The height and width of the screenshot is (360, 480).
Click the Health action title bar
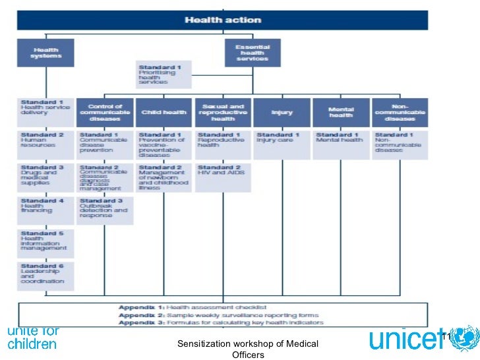pos(223,20)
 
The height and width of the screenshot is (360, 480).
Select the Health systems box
pos(45,53)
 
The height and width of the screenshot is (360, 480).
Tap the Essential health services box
pos(253,53)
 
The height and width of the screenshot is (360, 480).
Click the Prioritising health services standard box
pos(164,76)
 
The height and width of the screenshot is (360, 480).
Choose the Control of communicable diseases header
pos(104,112)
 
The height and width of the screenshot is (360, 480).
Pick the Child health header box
pos(164,112)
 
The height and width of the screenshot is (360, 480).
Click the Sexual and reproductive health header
pos(223,112)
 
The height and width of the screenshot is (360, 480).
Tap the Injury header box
pos(282,112)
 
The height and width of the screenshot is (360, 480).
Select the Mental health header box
pos(340,112)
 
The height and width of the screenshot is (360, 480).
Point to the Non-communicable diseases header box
pos(400,112)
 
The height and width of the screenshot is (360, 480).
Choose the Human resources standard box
pos(45,144)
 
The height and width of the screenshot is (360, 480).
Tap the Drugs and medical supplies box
pos(45,177)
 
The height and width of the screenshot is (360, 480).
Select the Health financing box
pos(45,209)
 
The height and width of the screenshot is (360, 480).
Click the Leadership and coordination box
pos(45,275)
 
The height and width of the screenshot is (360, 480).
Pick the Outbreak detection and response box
pos(104,209)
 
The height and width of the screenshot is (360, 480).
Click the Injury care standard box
pos(282,144)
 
